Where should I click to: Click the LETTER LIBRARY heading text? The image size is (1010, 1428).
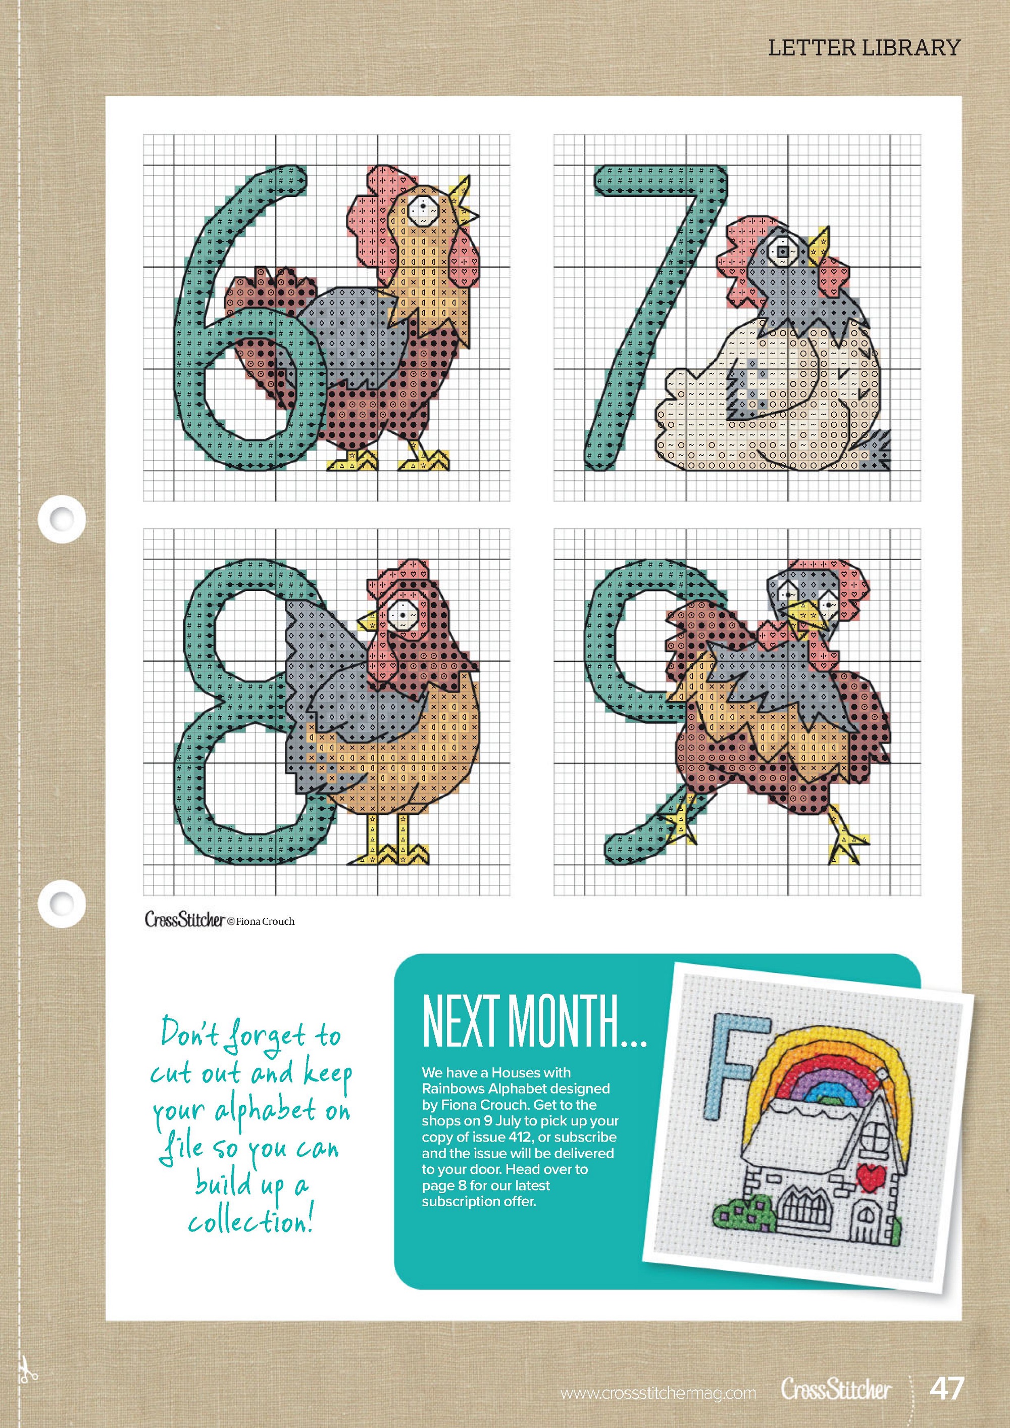864,48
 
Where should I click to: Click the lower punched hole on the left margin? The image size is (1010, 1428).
62,903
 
